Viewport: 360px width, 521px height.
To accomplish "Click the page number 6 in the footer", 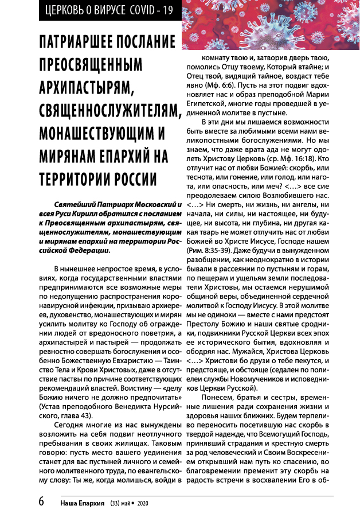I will point(41,501).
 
